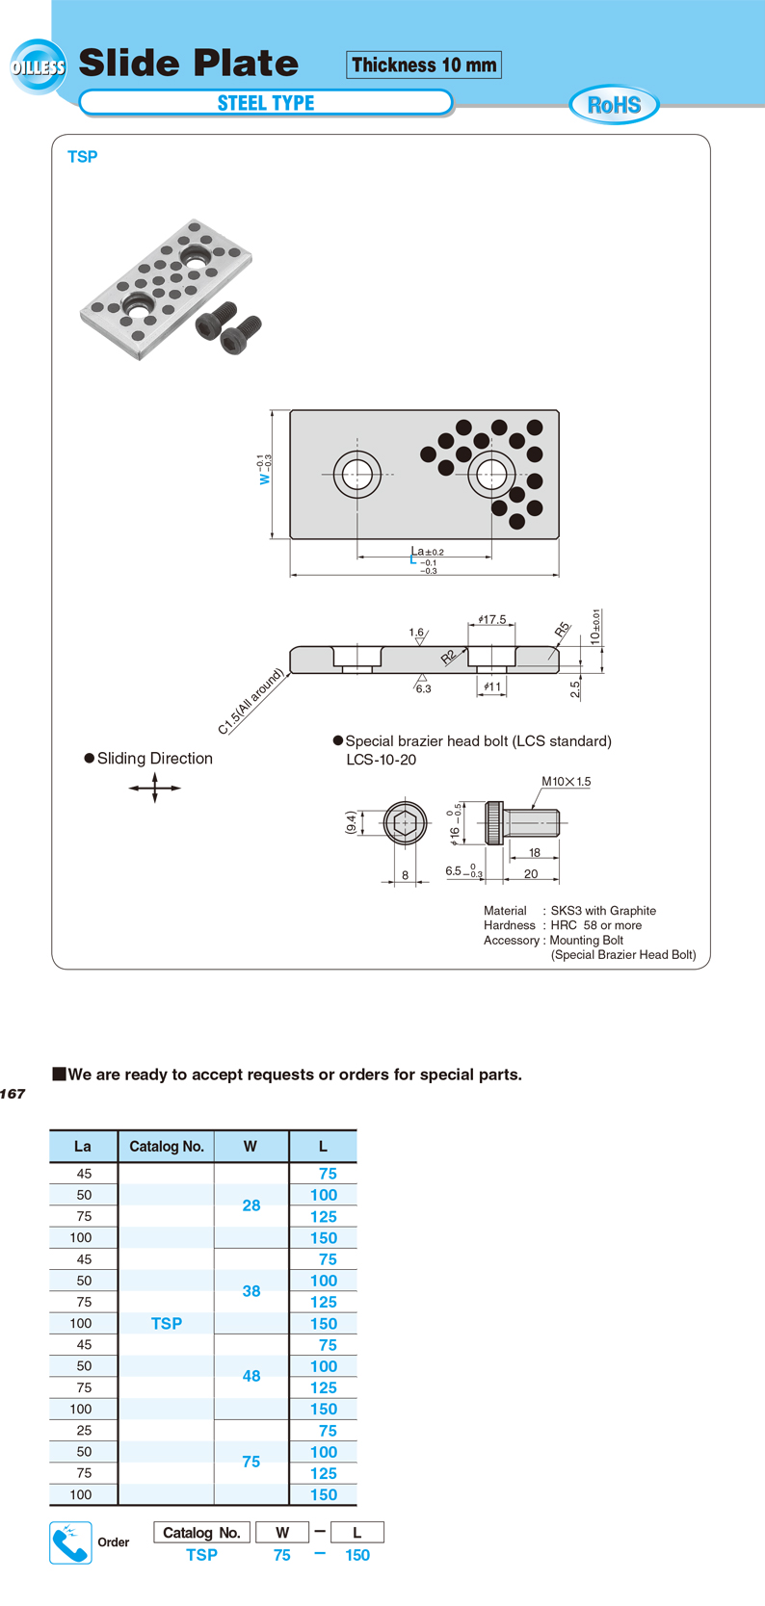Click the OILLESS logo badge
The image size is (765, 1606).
(x=38, y=66)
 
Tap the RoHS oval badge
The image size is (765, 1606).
(x=615, y=105)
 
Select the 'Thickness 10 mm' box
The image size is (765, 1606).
(x=423, y=65)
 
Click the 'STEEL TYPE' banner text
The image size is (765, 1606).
(x=266, y=103)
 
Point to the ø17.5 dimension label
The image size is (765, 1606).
(x=492, y=619)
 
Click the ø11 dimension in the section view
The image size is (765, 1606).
(x=492, y=686)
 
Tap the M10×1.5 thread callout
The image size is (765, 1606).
(x=567, y=782)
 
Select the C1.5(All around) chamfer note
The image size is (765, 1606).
(x=251, y=701)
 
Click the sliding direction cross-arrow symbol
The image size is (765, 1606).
(x=155, y=788)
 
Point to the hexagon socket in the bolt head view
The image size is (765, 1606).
(x=406, y=823)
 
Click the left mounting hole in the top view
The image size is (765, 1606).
(x=356, y=474)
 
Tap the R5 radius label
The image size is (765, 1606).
(x=563, y=630)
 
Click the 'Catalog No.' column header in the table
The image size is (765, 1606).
(x=167, y=1147)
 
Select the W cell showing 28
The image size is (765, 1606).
(x=251, y=1205)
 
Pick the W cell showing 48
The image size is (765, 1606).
(x=251, y=1376)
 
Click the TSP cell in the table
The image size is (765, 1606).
(x=167, y=1324)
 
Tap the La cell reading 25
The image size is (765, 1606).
(x=84, y=1431)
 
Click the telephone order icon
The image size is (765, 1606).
(x=70, y=1542)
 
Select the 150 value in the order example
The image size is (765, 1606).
(x=357, y=1555)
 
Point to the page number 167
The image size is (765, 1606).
(x=13, y=1094)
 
